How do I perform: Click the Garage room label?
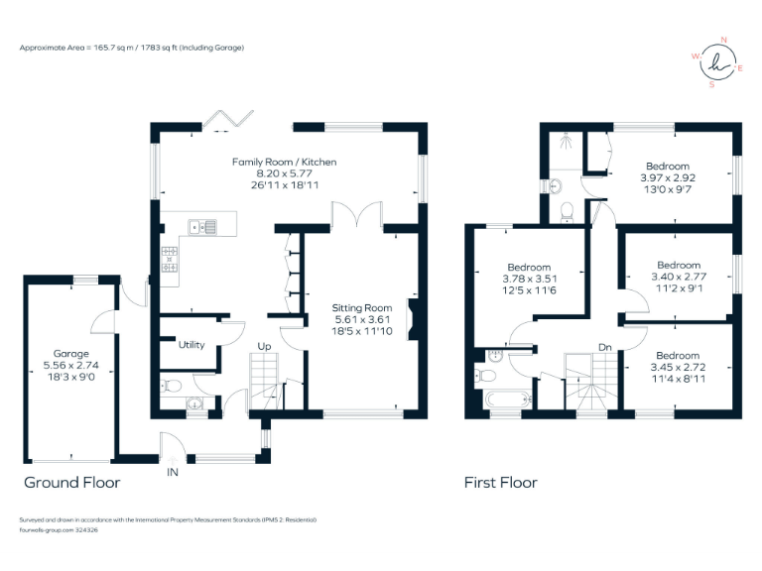[72, 353]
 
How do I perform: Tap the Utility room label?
[191, 345]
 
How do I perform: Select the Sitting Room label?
[362, 308]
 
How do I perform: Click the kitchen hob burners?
[169, 259]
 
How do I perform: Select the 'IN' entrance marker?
[173, 473]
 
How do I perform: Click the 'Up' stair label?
[265, 346]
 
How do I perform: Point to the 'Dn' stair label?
[604, 347]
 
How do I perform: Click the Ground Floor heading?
[72, 483]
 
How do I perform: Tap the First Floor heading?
[501, 483]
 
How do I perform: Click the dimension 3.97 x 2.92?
[668, 177]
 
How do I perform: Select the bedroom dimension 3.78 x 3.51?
[529, 279]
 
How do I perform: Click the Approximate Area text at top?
[132, 48]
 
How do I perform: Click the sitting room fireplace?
[416, 321]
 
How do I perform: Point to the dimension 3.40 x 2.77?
[680, 277]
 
